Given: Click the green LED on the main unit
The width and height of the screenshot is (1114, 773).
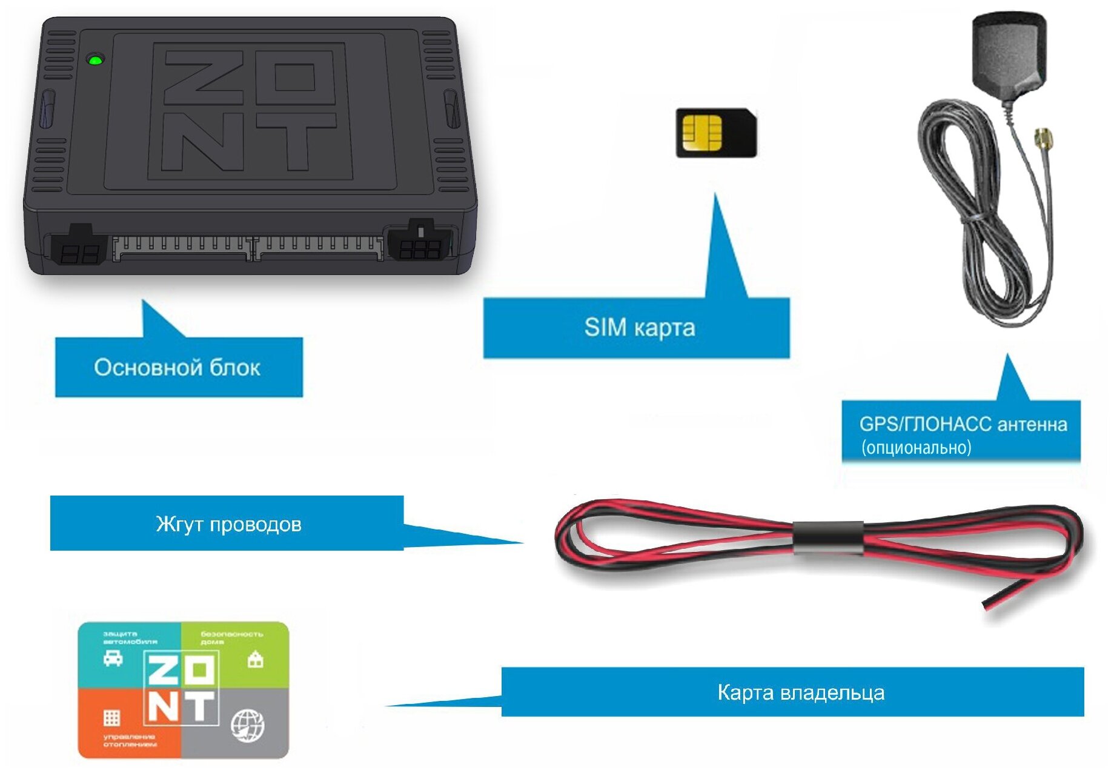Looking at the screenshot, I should [95, 60].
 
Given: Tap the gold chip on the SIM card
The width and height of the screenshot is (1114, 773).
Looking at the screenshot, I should [701, 132].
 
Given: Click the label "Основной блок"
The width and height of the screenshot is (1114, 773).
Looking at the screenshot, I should [177, 368].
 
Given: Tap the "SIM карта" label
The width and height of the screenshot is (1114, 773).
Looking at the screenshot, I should [639, 328].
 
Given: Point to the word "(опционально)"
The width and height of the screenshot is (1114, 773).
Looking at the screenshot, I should [916, 448].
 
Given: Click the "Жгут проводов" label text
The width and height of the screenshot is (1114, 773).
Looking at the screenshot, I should [228, 524].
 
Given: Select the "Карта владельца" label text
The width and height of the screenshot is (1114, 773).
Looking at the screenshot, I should [800, 692].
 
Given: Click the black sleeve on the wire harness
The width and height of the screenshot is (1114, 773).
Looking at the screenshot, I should [828, 537].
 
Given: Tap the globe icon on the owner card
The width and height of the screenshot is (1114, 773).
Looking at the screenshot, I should [248, 725].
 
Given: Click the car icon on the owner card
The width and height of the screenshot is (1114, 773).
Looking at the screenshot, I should [113, 658].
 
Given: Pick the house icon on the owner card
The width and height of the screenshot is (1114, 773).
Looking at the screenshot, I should [256, 659].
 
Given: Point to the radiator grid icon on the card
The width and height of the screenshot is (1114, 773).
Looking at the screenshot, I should [111, 718].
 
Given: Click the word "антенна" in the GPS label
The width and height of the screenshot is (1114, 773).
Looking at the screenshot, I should [1032, 424].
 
